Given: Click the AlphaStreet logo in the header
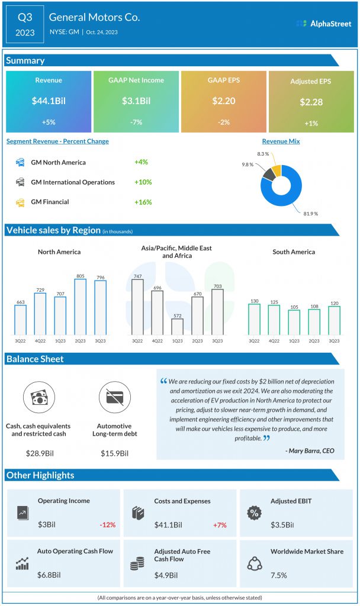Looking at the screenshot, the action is (x=324, y=24).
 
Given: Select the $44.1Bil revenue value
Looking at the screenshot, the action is (x=49, y=101).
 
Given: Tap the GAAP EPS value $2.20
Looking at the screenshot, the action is (x=223, y=101).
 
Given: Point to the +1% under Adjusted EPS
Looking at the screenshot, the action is (x=311, y=123).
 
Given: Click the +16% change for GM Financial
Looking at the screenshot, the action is (x=143, y=202).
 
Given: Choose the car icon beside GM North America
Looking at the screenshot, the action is (x=20, y=162).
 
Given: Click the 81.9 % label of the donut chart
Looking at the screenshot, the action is (x=310, y=214).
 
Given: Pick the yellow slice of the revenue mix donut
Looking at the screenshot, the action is (x=276, y=170).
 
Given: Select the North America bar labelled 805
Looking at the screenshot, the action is (x=80, y=307).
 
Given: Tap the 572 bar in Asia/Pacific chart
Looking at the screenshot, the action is (x=178, y=327).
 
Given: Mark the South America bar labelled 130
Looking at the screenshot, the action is (x=254, y=319).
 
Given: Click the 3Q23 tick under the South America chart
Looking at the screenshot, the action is (x=334, y=341).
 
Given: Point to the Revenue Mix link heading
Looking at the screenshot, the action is (x=281, y=141).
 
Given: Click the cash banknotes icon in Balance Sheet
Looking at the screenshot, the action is (x=38, y=397).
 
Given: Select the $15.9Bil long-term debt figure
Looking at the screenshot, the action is (x=114, y=453).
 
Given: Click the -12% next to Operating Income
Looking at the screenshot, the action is (x=108, y=525).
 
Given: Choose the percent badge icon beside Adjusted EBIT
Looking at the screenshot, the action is (x=254, y=513).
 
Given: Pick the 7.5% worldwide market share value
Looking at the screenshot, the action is (x=279, y=575).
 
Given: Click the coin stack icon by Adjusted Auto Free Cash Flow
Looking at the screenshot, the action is (x=137, y=564).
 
